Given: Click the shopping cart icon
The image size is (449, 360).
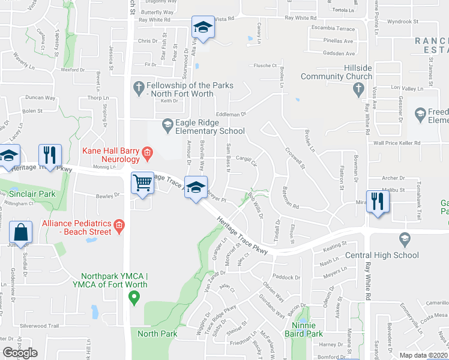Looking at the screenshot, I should (x=142, y=182).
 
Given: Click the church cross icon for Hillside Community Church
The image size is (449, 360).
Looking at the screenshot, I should (x=358, y=89).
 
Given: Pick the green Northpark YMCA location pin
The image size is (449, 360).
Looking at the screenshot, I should (x=134, y=295).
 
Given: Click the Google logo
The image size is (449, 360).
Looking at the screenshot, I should (x=20, y=353).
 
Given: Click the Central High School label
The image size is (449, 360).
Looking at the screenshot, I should (x=382, y=255).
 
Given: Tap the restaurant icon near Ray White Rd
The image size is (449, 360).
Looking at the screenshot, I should (x=378, y=201).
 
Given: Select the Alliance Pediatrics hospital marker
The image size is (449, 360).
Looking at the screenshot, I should (x=119, y=226).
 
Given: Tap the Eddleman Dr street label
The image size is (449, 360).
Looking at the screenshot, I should (x=231, y=113).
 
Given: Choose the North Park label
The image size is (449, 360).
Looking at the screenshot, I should (x=157, y=334).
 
